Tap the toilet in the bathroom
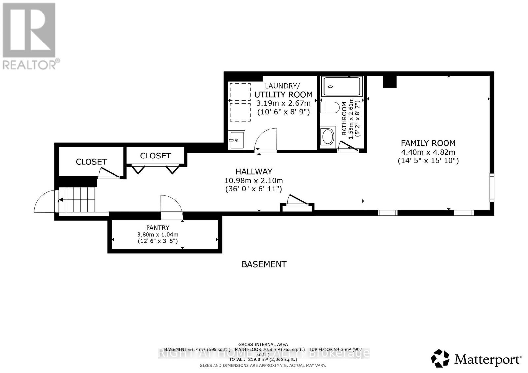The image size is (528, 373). [330, 108]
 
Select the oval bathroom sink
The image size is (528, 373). [328, 137]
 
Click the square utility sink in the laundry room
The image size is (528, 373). [236, 140]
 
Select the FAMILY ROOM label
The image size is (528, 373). [428, 143]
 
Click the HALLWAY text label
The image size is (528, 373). [253, 171]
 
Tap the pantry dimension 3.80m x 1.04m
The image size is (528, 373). [158, 235]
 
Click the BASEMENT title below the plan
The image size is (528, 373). [264, 264]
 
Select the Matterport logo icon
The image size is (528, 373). [440, 358]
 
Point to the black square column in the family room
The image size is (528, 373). [389, 82]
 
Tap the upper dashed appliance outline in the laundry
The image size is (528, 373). [240, 92]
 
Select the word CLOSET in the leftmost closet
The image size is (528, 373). [91, 162]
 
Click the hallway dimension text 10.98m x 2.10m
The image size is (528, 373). [253, 181]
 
